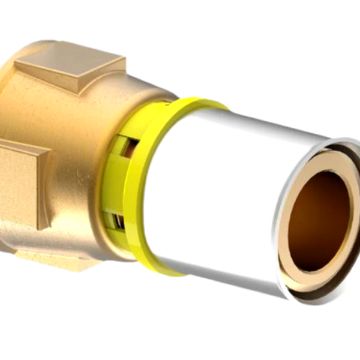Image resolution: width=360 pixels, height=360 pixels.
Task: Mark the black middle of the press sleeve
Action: [x=216, y=192]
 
